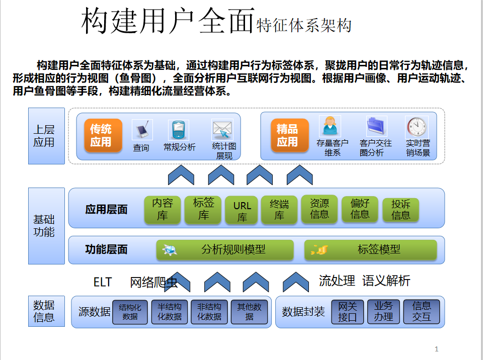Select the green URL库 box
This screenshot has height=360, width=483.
tap(242, 210)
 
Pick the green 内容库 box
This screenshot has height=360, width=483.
tap(162, 209)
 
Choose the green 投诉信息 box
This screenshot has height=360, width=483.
tap(400, 209)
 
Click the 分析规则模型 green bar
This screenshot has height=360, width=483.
tap(225, 249)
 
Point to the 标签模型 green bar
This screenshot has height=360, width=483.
tap(371, 249)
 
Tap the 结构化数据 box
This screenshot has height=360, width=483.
tap(130, 312)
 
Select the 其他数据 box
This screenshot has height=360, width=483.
tap(249, 312)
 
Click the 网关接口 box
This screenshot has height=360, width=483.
tap(347, 312)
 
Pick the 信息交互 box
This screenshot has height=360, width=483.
tap(421, 312)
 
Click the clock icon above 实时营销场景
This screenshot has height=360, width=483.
tap(417, 127)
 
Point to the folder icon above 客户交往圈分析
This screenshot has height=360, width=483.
tap(376, 127)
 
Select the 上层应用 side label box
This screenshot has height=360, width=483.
tap(47, 136)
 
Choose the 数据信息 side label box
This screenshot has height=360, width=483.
tap(47, 311)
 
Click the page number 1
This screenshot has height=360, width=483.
tap(437, 349)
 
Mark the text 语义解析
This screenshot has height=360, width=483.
tap(386, 281)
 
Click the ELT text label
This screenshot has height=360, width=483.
tap(103, 282)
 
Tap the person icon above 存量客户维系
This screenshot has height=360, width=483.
tap(330, 126)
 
